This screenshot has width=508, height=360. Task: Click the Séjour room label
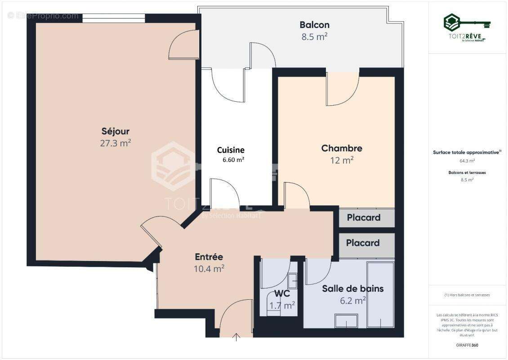(x=116, y=131)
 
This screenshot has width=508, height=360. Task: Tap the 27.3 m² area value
(x=116, y=144)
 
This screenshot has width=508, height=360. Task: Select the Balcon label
(x=315, y=25)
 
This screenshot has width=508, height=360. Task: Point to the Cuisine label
(x=231, y=150)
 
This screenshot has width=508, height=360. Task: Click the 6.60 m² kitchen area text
(x=233, y=160)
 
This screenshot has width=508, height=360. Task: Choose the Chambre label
(x=342, y=148)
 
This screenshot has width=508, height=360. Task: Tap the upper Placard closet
(x=364, y=218)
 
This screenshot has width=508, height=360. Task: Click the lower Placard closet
(x=363, y=243)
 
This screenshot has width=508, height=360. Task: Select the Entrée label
(x=209, y=257)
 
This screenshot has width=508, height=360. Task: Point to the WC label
(x=282, y=294)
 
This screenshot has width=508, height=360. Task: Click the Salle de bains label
(x=353, y=288)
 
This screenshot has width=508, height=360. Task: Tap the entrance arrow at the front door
(x=236, y=337)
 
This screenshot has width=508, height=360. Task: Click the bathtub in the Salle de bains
(x=380, y=295)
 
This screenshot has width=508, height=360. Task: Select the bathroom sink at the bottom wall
(x=346, y=321)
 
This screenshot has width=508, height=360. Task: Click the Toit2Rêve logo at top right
(x=467, y=27)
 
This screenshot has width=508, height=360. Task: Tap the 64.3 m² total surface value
(x=467, y=161)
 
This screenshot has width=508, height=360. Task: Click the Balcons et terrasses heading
(x=467, y=172)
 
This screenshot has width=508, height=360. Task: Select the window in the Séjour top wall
(x=114, y=18)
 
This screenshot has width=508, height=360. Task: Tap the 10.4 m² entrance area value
(x=209, y=269)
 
